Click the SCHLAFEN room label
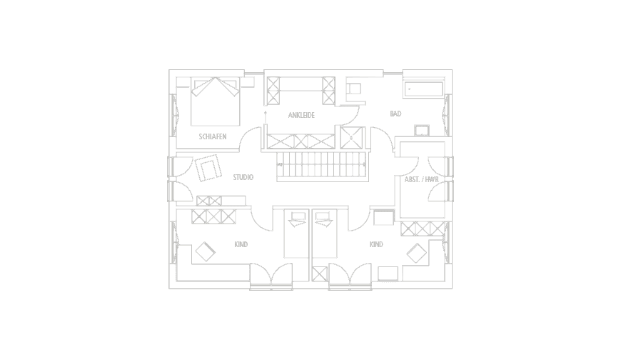pyautogui.click(x=213, y=136)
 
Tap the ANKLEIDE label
pyautogui.click(x=302, y=115)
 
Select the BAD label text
pyautogui.click(x=395, y=114)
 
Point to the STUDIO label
pyautogui.click(x=243, y=177)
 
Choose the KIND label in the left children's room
pyautogui.click(x=241, y=245)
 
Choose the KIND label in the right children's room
pyautogui.click(x=376, y=245)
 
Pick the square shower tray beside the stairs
pyautogui.click(x=352, y=137)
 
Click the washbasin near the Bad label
pyautogui.click(x=422, y=130)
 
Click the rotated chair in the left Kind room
pyautogui.click(x=206, y=252)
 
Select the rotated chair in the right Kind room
pyautogui.click(x=415, y=254)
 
